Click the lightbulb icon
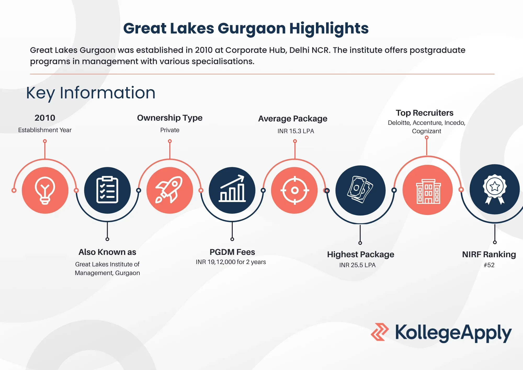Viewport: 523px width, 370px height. pos(45,190)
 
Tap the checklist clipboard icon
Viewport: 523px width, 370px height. pos(107,190)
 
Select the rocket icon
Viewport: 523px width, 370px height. pos(169,190)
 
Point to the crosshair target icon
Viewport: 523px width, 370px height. pos(295,190)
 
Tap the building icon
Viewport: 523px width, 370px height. pos(428,191)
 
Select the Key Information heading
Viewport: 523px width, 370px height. pos(91,93)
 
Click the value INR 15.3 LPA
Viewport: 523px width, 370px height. pos(296,131)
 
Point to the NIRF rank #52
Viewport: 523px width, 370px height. pos(489,265)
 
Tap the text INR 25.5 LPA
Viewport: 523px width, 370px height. pos(357,265)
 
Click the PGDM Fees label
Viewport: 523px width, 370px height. pos(232,252)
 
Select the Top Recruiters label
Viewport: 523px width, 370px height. pos(425,113)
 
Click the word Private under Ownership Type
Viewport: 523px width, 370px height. pos(170,130)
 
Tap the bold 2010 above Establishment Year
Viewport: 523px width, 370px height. pos(45,118)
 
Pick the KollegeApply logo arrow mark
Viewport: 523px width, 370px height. pos(380,332)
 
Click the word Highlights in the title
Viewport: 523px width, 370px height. pos(329,29)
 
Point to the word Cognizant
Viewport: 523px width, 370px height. pos(427,131)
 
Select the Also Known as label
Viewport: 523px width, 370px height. pos(107,252)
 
